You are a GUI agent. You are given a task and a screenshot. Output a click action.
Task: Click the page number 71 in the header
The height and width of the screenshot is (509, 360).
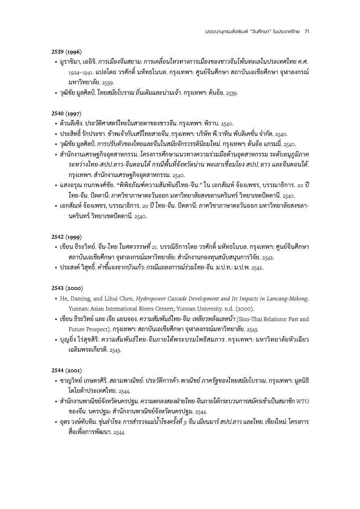(306, 31)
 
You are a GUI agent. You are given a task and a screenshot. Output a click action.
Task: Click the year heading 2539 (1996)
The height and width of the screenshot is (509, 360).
(67, 52)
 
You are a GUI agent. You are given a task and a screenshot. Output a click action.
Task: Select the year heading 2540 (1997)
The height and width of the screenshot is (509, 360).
(67, 113)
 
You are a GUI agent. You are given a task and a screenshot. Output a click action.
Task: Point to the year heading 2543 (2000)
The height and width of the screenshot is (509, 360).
(67, 288)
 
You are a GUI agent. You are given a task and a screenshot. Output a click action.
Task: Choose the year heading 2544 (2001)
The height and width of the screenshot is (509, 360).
(67, 370)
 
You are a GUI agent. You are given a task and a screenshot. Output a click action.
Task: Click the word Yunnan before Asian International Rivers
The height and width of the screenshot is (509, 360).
(77, 309)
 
